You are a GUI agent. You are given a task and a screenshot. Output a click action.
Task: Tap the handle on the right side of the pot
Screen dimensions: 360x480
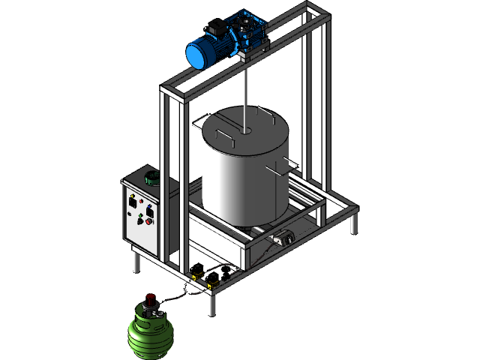pyautogui.click(x=289, y=164)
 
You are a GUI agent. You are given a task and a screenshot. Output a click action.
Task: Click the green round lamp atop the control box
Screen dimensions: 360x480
pyautogui.click(x=152, y=178)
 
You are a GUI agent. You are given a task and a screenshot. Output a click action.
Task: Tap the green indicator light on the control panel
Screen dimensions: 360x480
pyautogui.click(x=139, y=215)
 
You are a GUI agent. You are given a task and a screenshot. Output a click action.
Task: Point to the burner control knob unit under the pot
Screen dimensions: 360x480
pyautogui.click(x=284, y=240)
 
